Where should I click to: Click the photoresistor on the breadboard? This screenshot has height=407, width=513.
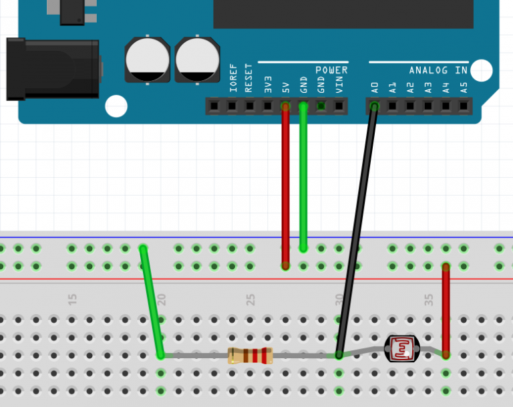tap(401, 349)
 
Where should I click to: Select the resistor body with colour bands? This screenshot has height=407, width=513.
tap(250, 356)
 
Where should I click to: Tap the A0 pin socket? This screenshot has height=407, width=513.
tap(375, 106)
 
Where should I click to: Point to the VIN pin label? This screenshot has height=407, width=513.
tap(339, 85)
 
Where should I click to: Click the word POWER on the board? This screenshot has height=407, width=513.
tap(331, 70)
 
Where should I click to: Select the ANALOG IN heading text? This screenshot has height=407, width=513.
tap(438, 70)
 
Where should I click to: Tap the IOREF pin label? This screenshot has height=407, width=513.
tap(232, 78)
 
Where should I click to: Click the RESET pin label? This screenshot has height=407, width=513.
tap(248, 78)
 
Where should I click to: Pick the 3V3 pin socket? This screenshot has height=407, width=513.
tap(268, 106)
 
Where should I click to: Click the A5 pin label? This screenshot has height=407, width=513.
tap(464, 88)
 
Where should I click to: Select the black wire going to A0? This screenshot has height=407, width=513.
tap(357, 231)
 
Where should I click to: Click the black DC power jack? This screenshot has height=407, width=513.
tap(53, 69)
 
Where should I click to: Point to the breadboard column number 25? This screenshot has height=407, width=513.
tap(250, 299)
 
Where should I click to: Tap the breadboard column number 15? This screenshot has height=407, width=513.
tap(72, 299)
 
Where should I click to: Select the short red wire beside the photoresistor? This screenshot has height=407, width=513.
tap(446, 310)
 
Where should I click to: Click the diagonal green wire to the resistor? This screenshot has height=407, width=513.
tap(152, 301)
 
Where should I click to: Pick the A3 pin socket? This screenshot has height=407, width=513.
tap(428, 106)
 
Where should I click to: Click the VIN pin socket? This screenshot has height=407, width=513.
tap(339, 106)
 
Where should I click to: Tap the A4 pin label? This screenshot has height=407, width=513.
tap(446, 88)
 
